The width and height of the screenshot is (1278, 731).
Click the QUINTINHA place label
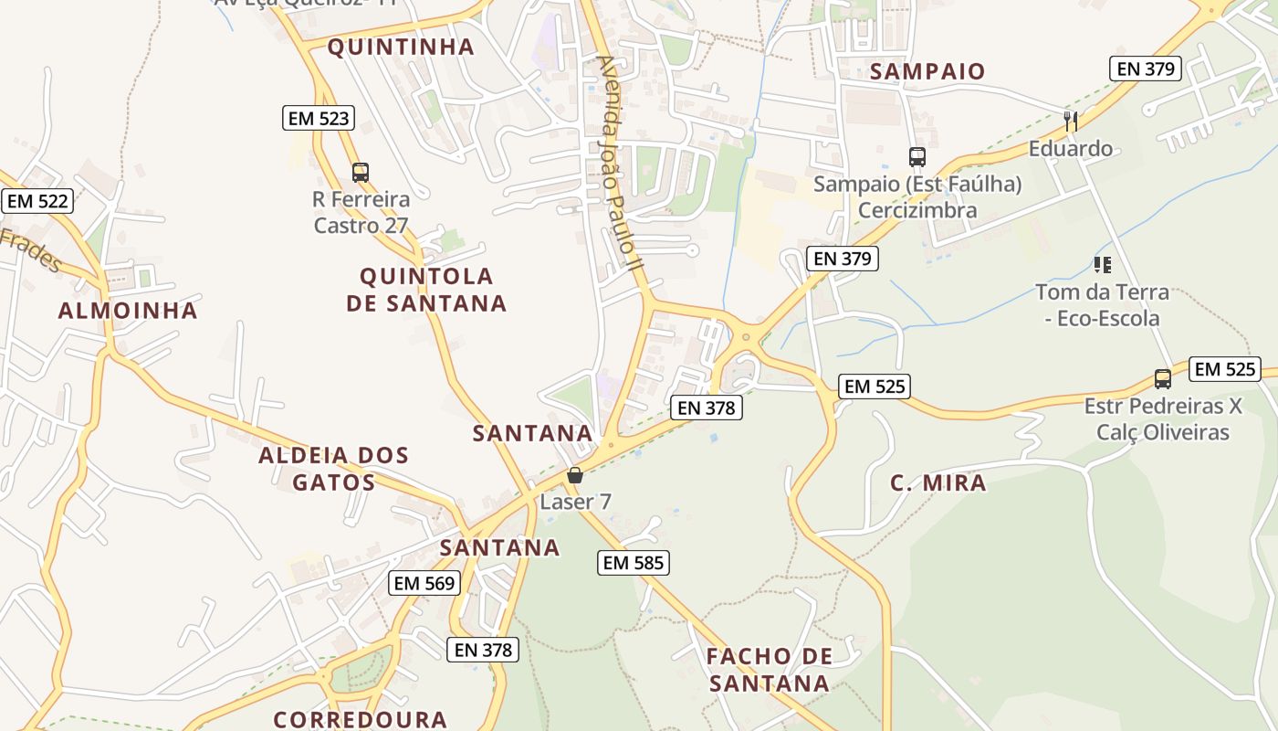coord(401,47)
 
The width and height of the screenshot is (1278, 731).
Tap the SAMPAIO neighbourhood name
coord(927,71)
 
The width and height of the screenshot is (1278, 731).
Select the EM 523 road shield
coord(318,118)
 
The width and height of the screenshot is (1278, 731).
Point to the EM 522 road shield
coord(37,201)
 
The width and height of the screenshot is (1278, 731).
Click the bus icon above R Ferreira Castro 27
coord(361,172)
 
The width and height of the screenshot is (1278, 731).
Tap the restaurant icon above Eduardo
coord(1071,121)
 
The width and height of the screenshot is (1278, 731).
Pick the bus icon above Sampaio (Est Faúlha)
coord(917,157)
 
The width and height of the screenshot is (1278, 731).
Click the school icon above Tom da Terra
coord(1102,265)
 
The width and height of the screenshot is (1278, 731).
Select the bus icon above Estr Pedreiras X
coord(1162,378)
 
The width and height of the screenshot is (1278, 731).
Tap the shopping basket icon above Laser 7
coord(575,475)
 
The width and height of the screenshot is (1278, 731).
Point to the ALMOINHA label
coord(128,311)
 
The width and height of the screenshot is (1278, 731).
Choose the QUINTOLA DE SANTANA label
coord(426,290)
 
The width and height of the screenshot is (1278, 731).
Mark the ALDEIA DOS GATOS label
coord(333,469)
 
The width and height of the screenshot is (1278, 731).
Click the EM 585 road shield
coord(634,563)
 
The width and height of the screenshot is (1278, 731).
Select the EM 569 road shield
coord(424,583)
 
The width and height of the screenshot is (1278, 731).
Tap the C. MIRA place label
coord(938,483)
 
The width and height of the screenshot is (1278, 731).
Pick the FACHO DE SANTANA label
coord(770,669)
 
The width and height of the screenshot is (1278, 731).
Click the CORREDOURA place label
coord(360,719)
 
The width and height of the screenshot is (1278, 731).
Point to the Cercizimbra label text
coord(917,210)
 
